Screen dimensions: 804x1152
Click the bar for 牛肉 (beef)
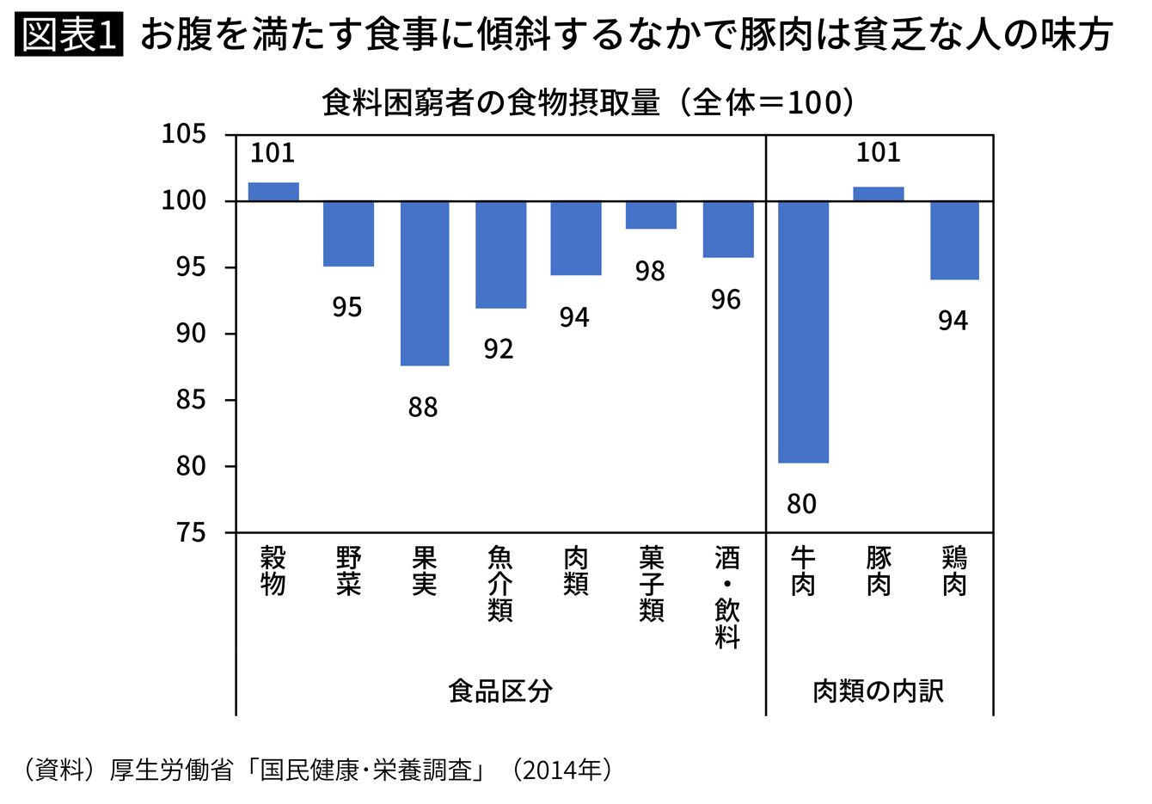click(803, 332)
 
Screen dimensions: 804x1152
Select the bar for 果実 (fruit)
click(425, 283)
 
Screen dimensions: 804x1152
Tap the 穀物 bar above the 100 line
click(273, 192)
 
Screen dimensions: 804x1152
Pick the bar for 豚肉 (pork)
click(878, 194)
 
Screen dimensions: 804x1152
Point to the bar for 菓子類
click(651, 215)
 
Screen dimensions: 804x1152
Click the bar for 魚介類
click(500, 255)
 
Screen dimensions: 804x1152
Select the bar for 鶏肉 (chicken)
click(953, 240)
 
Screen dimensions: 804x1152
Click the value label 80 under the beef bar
click(801, 504)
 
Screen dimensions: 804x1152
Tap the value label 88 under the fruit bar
click(423, 408)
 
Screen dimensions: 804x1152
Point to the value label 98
click(650, 272)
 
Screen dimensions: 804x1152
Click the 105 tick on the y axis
click(184, 134)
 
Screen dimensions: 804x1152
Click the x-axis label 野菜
click(348, 571)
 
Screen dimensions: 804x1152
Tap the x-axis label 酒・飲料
click(726, 597)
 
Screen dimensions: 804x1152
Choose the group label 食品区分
click(499, 690)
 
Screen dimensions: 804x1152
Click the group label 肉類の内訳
click(878, 690)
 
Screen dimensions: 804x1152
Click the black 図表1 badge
click(70, 35)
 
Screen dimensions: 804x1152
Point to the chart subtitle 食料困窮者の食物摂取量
click(490, 103)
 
